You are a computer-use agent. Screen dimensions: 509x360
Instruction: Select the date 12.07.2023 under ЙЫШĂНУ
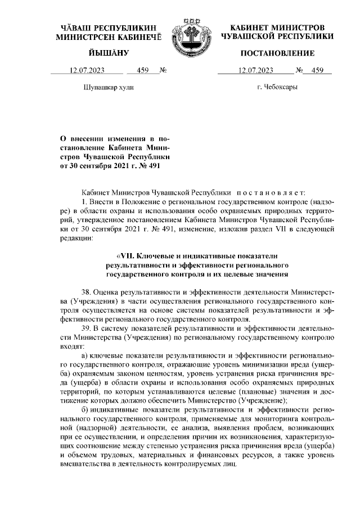87,71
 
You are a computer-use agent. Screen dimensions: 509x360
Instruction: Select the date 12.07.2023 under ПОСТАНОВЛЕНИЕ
256,71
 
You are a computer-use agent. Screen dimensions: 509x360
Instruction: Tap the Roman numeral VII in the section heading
118,256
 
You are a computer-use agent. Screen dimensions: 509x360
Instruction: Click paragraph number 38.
87,292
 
